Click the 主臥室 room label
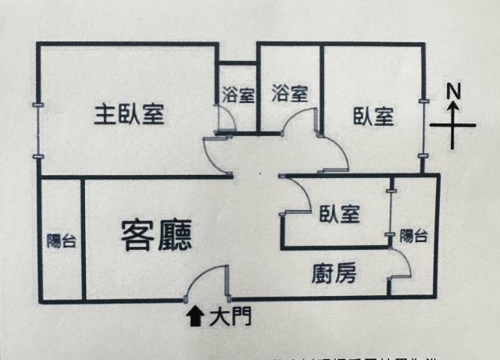129,115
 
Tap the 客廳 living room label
157,233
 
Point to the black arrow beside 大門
193,315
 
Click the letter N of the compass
453,91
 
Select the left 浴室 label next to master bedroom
237,95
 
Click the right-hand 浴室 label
289,94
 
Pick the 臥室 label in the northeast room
373,117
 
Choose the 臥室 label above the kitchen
339,214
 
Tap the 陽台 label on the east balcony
413,236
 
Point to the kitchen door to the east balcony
399,273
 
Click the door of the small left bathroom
225,119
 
